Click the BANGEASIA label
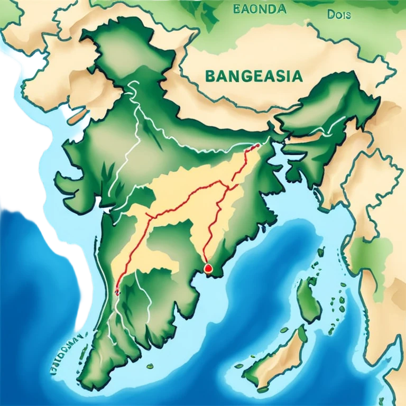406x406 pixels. [253, 76]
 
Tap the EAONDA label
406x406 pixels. [259, 9]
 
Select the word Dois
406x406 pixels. [339, 15]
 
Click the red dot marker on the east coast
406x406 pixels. [208, 269]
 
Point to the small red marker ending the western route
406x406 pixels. [117, 290]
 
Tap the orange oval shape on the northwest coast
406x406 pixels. [77, 114]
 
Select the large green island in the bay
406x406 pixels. [308, 300]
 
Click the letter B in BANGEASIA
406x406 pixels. [208, 77]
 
